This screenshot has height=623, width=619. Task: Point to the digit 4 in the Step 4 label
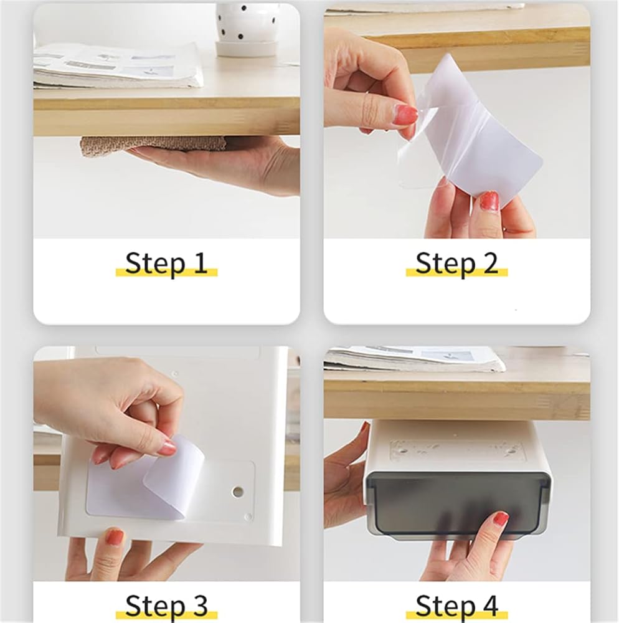click(490, 606)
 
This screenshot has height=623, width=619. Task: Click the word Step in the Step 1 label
click(155, 264)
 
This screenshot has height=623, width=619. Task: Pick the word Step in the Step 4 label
click(445, 607)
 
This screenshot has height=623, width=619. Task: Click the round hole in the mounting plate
click(238, 492)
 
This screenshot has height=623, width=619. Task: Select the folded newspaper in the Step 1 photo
click(118, 65)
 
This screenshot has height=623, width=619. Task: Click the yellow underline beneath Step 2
click(456, 273)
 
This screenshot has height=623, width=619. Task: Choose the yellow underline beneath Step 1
click(167, 273)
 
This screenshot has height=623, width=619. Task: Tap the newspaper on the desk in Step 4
click(415, 359)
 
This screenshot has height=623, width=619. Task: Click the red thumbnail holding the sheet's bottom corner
click(489, 201)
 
